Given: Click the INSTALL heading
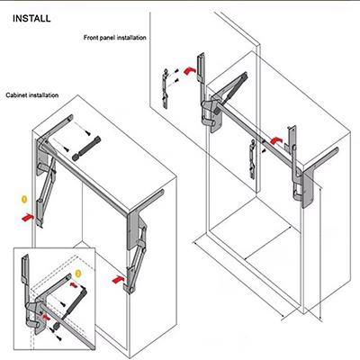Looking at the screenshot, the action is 31,19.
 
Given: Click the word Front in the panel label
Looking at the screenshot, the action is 90,38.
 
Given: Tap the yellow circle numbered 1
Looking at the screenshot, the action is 24,199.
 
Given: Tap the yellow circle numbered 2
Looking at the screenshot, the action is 78,274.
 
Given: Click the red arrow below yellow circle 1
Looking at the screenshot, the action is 28,217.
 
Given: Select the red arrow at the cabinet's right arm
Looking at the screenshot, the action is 118,279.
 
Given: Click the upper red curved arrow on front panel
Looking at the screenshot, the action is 190,71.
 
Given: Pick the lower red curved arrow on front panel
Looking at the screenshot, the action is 276,140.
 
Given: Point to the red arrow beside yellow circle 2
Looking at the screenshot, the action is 74,284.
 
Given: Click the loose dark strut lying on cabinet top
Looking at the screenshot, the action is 86,148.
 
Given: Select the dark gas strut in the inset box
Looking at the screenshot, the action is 74,302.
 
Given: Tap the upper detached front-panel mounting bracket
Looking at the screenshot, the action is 165,88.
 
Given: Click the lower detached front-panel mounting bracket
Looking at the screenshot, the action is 252,159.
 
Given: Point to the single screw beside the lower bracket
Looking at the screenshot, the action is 264,150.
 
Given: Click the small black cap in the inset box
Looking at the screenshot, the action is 56,326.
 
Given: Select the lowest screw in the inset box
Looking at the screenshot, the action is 59,337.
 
